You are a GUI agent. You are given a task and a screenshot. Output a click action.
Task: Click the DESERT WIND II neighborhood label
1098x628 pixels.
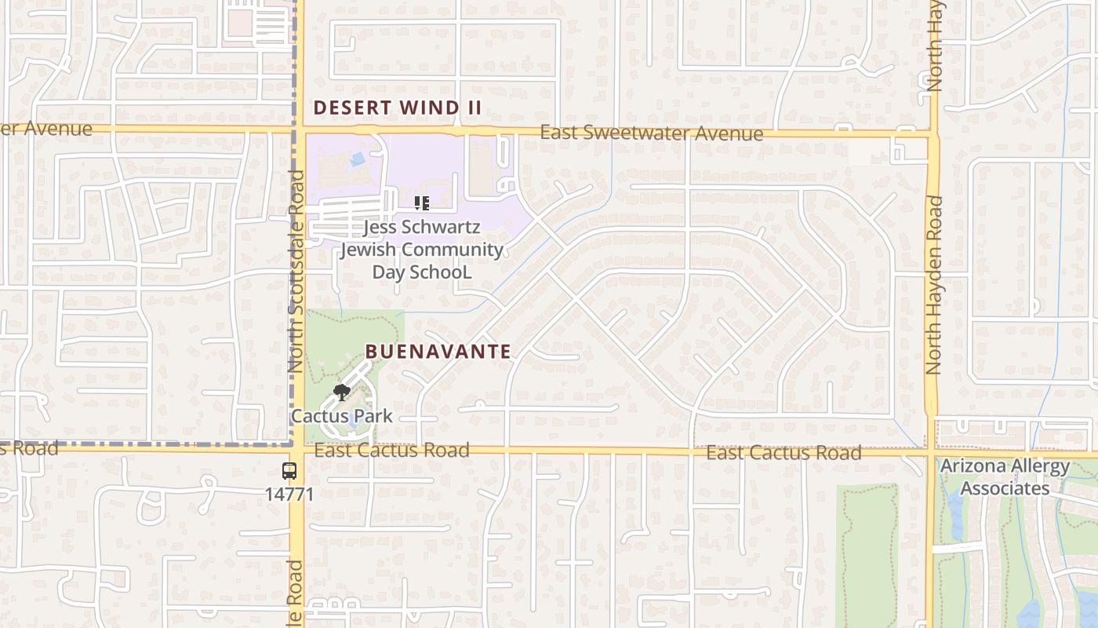(x=397, y=108)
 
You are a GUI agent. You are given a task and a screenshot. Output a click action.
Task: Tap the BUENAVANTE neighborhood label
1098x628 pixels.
(x=438, y=352)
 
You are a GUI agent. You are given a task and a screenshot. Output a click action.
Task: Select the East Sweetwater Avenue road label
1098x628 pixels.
(x=651, y=133)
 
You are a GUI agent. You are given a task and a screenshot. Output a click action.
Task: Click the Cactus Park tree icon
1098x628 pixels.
(x=341, y=392)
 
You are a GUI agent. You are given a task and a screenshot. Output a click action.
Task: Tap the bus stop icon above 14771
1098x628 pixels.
(x=289, y=471)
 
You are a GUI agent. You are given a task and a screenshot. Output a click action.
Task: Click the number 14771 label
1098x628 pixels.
(x=289, y=495)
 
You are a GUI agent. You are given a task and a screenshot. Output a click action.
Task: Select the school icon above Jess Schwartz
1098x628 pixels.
(x=422, y=204)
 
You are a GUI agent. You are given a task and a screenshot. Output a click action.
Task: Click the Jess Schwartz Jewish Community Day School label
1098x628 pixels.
(x=422, y=250)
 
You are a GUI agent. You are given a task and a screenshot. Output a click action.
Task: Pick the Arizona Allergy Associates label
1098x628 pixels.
(x=1005, y=476)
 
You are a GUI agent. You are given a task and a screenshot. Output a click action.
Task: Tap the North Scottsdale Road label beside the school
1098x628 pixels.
(x=296, y=271)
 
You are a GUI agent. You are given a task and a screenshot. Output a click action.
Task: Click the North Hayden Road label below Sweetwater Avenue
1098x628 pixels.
(x=933, y=284)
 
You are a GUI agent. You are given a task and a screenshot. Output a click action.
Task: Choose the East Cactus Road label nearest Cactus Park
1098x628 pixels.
(x=391, y=451)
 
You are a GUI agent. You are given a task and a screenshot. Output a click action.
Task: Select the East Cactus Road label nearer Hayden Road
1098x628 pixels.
(x=784, y=453)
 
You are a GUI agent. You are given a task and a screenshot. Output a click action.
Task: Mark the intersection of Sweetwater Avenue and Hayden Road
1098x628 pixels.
(x=933, y=134)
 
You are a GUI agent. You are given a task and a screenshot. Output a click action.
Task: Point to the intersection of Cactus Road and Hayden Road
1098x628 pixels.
(x=931, y=454)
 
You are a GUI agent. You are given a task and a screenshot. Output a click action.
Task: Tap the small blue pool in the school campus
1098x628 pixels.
(x=358, y=159)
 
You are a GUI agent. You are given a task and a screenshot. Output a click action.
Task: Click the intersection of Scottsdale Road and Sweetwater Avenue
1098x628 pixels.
(x=299, y=128)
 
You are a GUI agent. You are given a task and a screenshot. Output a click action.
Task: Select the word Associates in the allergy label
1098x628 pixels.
(x=1005, y=488)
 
